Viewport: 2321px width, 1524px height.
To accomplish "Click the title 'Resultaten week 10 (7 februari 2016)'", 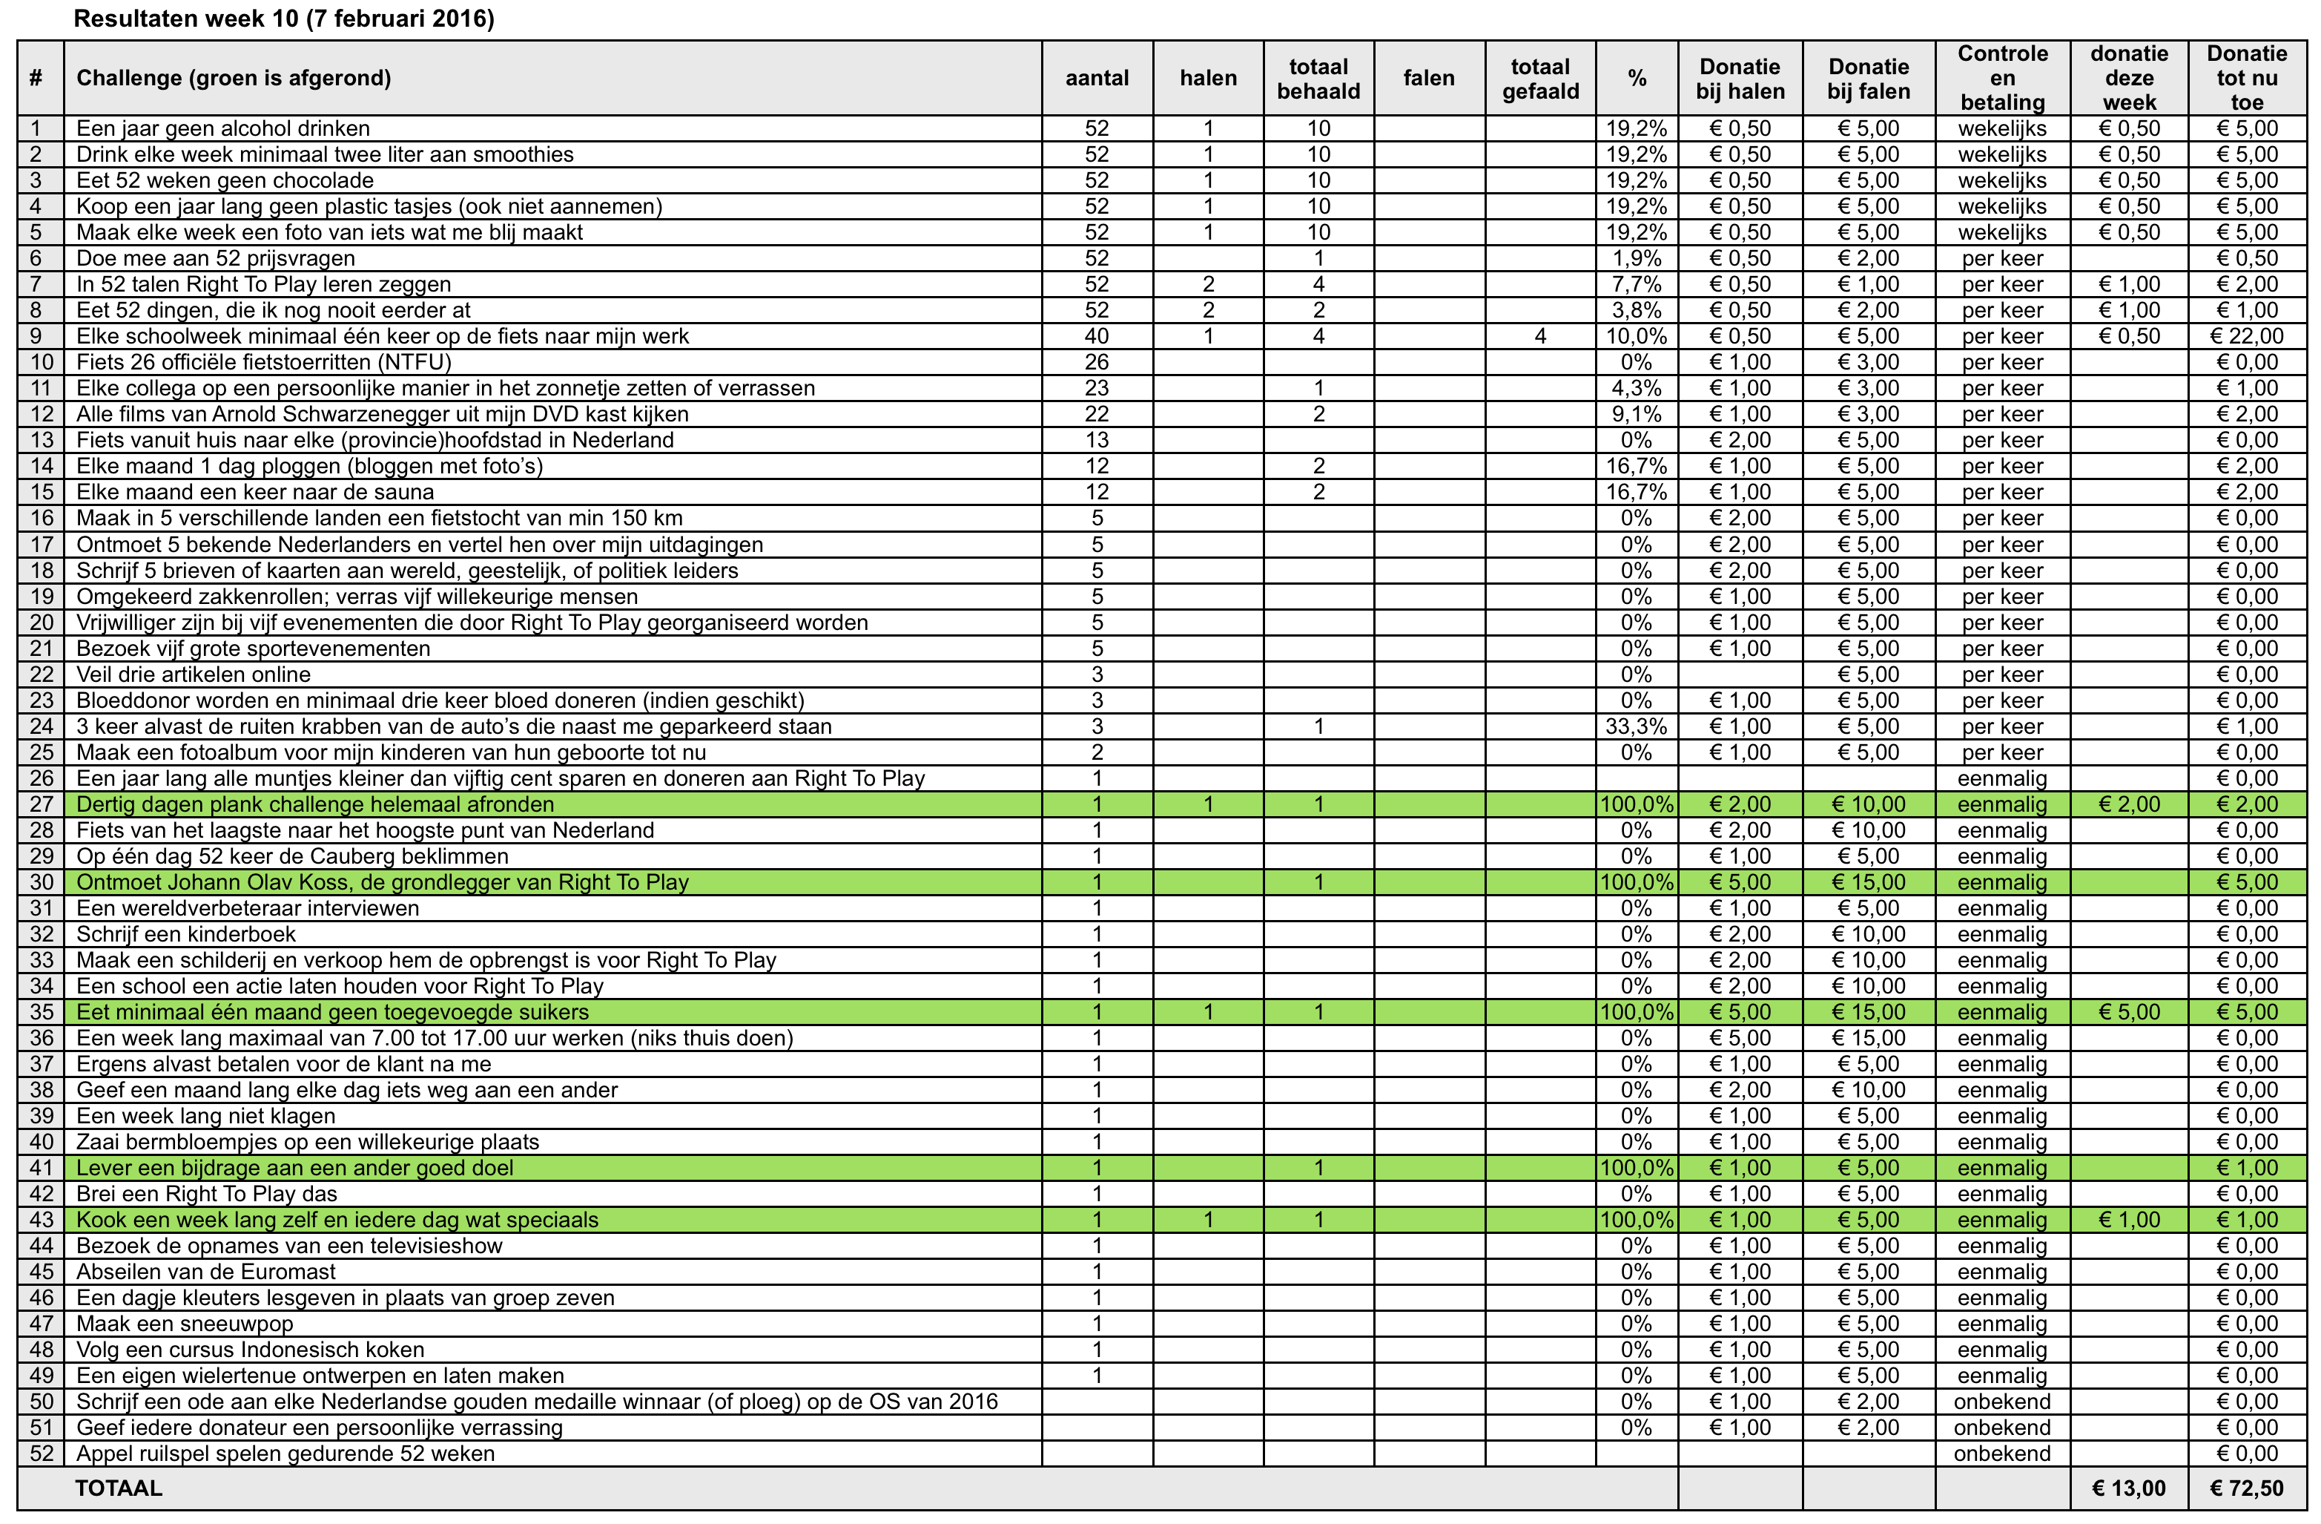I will (x=284, y=19).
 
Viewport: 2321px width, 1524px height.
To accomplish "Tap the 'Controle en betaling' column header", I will (x=2002, y=78).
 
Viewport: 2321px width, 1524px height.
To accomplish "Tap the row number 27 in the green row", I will (x=41, y=805).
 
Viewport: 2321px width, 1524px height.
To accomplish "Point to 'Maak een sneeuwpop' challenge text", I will (x=185, y=1324).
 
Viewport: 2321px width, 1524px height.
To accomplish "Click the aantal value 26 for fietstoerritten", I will (x=1097, y=363).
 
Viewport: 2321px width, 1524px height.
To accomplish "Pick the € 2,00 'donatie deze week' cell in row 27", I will (x=2129, y=805).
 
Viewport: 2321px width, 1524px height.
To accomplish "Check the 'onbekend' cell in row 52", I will (x=2002, y=1454).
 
